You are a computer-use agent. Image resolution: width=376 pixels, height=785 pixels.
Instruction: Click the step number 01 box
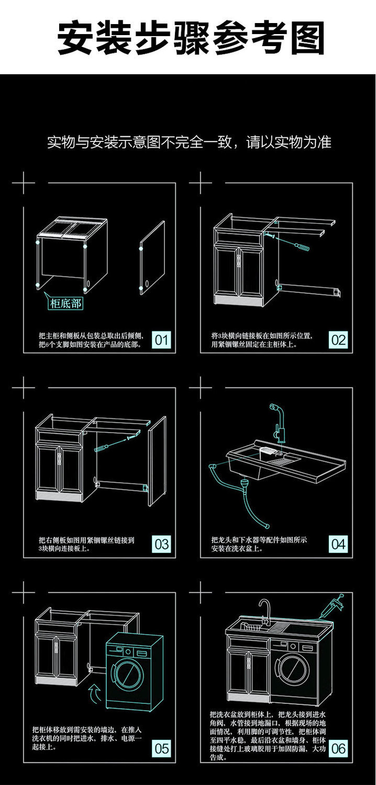(162, 340)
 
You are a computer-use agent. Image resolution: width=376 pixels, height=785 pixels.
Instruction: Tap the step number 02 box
(338, 340)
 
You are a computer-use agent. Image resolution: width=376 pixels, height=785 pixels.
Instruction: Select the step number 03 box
(162, 544)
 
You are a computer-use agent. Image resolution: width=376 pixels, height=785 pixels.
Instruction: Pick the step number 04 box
(338, 544)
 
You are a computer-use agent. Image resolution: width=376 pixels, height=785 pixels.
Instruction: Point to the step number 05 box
(162, 748)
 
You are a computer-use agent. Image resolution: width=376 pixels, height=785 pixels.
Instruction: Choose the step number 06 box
(338, 748)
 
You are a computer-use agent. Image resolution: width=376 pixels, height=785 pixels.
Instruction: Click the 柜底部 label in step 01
(65, 303)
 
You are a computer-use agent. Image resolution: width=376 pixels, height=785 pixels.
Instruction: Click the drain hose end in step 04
(267, 526)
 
